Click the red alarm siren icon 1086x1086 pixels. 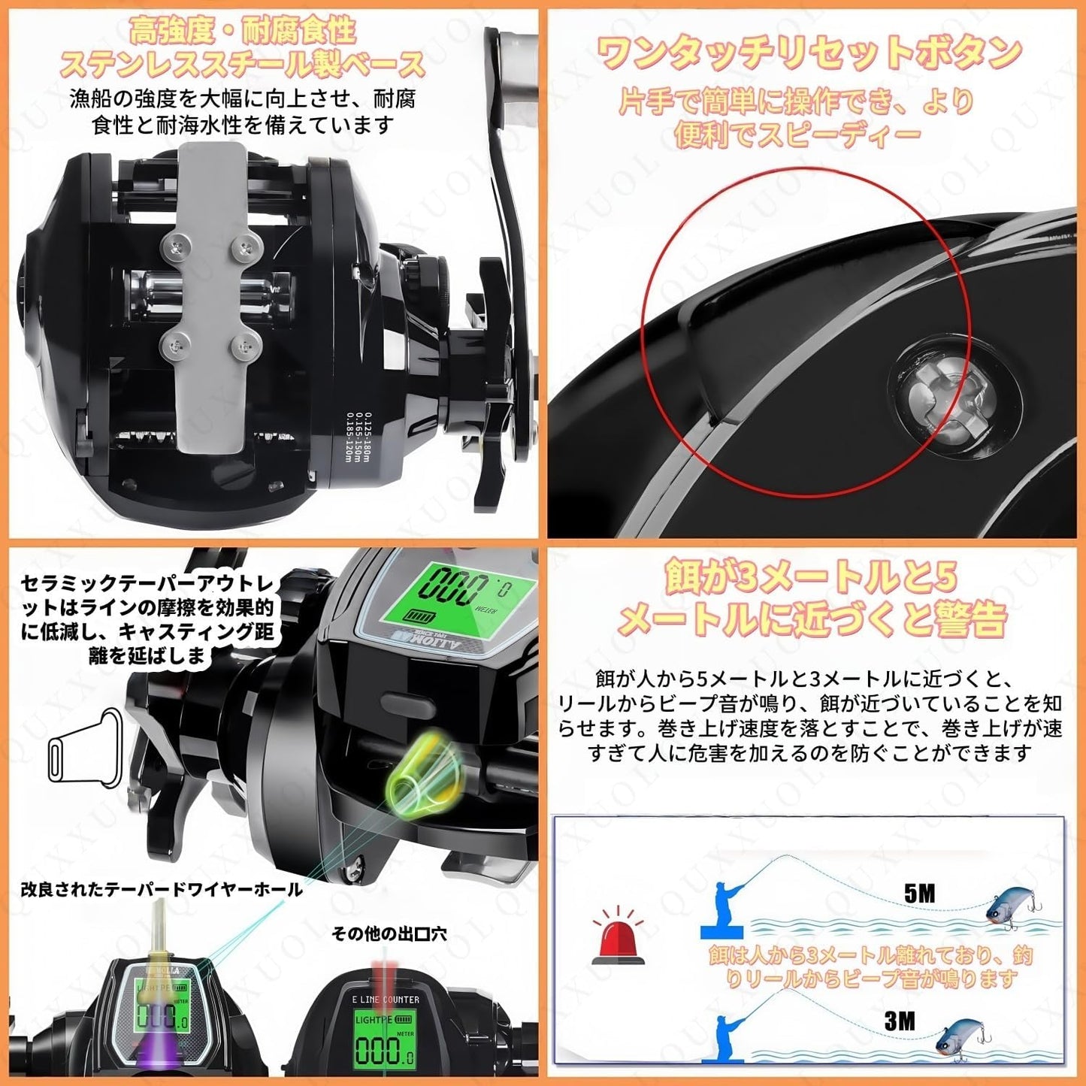point(617,936)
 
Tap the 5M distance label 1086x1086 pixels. point(919,893)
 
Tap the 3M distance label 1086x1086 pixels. point(900,1021)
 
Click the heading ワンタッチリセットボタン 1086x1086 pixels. point(809,53)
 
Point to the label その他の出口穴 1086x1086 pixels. point(389,933)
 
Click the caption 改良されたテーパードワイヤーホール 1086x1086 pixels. point(162,890)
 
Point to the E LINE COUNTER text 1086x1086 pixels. point(386,999)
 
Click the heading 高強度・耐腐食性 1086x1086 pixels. point(242,32)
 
